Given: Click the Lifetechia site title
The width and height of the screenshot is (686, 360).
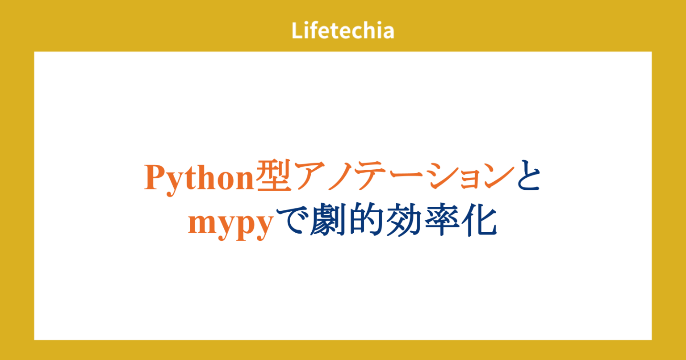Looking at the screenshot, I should (x=343, y=31).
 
